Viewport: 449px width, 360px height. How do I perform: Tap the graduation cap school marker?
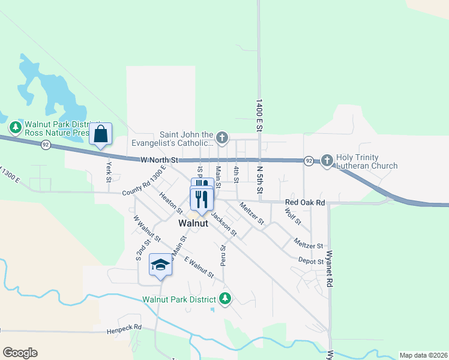(160, 266)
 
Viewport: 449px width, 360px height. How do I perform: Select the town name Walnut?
(193, 223)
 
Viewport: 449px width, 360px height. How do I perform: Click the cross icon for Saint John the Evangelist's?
(222, 139)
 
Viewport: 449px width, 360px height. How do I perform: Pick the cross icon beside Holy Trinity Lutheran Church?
(327, 160)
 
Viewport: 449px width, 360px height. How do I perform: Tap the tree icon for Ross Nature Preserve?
(15, 127)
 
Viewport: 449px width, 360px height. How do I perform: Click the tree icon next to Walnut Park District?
(225, 298)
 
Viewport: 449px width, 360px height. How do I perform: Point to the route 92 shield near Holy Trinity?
(308, 161)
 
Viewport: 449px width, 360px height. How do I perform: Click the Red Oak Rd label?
(305, 203)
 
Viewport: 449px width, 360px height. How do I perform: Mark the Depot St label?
(311, 260)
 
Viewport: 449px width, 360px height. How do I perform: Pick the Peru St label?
(223, 255)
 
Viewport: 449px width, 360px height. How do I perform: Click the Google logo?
(20, 353)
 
